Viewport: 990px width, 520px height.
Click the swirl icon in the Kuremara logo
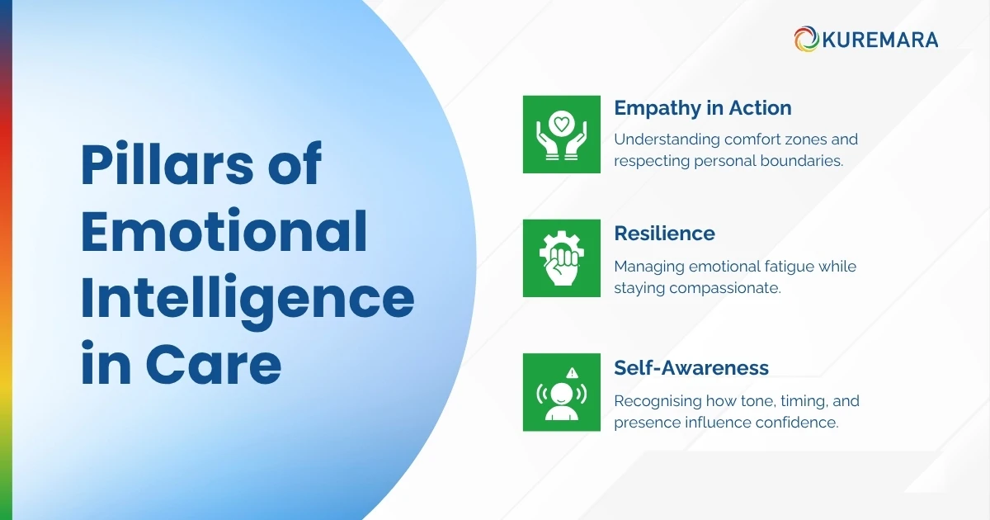pyautogui.click(x=807, y=39)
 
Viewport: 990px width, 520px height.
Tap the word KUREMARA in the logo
pyautogui.click(x=880, y=40)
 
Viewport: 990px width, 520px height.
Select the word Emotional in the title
pyautogui.click(x=224, y=230)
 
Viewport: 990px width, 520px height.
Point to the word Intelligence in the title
pyautogui.click(x=248, y=300)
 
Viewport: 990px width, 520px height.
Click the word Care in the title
pyautogui.click(x=214, y=364)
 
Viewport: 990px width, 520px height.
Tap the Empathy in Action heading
pyautogui.click(x=703, y=108)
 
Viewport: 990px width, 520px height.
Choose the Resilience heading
pyautogui.click(x=664, y=234)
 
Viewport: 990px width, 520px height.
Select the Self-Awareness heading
pyautogui.click(x=691, y=368)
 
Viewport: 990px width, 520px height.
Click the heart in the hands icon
pyautogui.click(x=561, y=124)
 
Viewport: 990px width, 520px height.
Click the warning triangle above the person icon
pyautogui.click(x=573, y=373)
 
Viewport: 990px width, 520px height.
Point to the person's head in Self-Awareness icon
pyautogui.click(x=562, y=394)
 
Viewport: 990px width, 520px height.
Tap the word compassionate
pyautogui.click(x=725, y=288)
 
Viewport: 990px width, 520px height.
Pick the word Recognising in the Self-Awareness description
pyautogui.click(x=658, y=401)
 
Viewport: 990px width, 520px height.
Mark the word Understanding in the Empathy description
pyautogui.click(x=667, y=139)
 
